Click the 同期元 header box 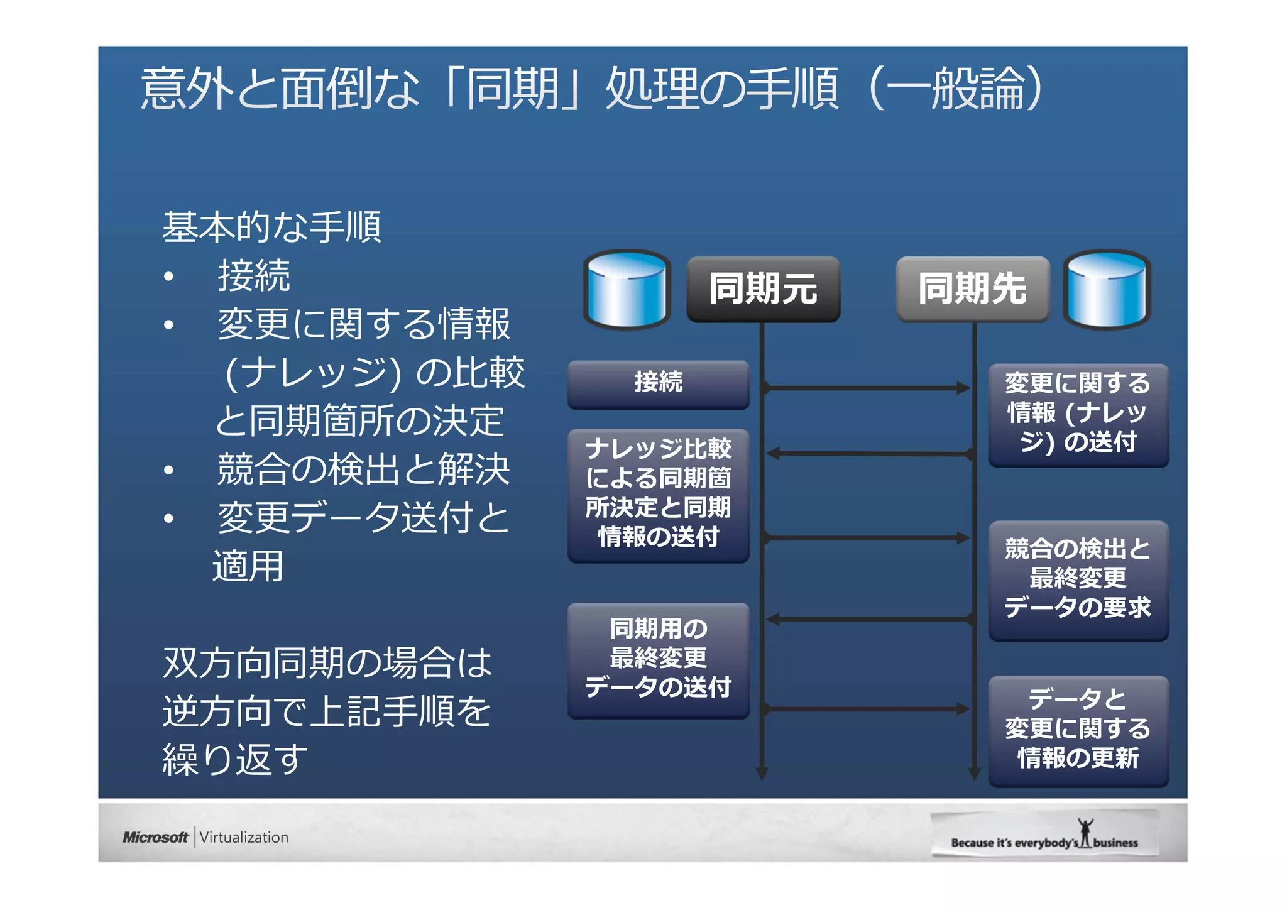(763, 289)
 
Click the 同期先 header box (972, 289)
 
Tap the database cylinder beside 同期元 (627, 290)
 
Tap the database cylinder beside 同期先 (1107, 290)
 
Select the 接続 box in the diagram (658, 383)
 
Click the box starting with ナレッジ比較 (658, 494)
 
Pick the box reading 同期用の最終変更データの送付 (658, 659)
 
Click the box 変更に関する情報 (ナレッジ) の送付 (1078, 414)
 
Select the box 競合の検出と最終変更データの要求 (1078, 579)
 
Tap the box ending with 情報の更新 (1078, 730)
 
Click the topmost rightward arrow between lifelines (867, 388)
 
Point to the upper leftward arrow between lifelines (867, 453)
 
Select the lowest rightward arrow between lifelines (867, 709)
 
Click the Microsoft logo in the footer (155, 837)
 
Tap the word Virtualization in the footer (244, 837)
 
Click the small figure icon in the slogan (1085, 832)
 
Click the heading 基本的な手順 (271, 227)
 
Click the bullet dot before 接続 (168, 277)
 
